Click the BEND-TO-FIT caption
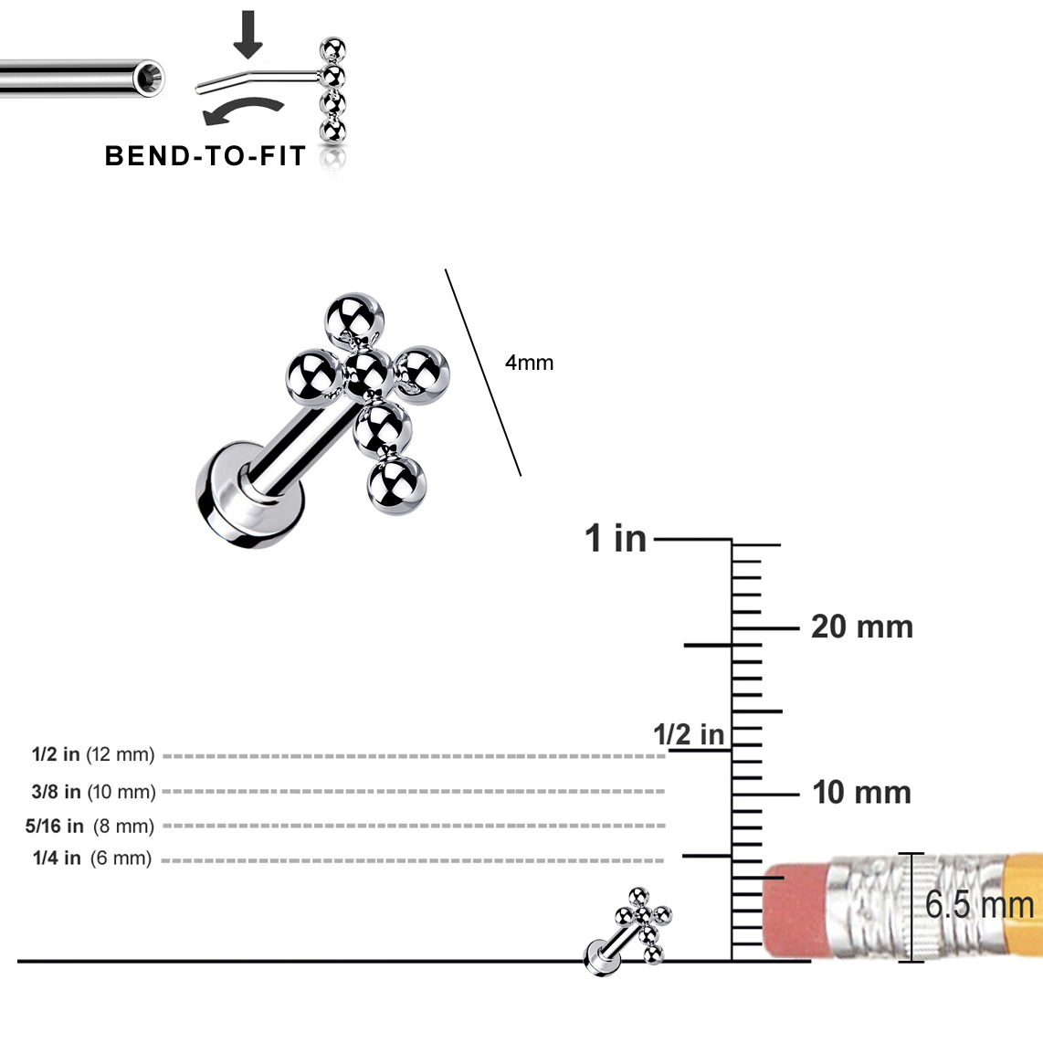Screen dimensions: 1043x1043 205,156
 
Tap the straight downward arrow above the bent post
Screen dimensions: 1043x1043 248,35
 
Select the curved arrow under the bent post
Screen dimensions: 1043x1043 243,111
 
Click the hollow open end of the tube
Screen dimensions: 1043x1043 148,79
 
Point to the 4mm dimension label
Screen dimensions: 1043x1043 529,363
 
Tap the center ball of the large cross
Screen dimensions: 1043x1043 368,374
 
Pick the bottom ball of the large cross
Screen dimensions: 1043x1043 396,484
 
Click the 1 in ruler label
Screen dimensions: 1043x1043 616,538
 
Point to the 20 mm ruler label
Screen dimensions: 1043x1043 862,627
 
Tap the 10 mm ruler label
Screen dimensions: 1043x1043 861,792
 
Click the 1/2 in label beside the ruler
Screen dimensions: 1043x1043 689,734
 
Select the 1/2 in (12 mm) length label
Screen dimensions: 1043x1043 93,754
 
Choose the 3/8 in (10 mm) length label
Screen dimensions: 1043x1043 93,792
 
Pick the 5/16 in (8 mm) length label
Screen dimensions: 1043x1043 90,827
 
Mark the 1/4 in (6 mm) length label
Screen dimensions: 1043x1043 92,859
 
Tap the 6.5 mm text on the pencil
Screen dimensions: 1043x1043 978,905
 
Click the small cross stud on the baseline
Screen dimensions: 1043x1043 628,931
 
